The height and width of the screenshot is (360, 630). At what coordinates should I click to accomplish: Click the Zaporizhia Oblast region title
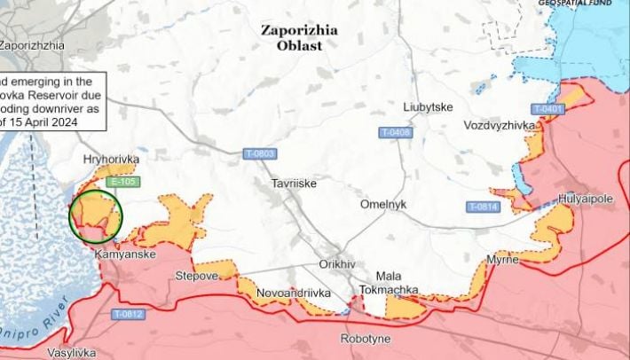pyautogui.click(x=298, y=36)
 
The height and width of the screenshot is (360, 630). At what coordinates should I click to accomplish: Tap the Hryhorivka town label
pyautogui.click(x=111, y=160)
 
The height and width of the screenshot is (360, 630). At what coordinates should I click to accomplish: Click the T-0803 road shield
pyautogui.click(x=259, y=154)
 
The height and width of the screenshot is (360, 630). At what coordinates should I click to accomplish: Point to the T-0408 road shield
pyautogui.click(x=395, y=133)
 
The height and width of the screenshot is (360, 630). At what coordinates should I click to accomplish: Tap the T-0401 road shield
pyautogui.click(x=547, y=109)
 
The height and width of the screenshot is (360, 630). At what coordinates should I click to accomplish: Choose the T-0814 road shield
pyautogui.click(x=484, y=207)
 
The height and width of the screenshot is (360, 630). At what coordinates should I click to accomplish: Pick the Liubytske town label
pyautogui.click(x=428, y=106)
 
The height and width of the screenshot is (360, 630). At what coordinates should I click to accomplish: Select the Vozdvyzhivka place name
pyautogui.click(x=500, y=126)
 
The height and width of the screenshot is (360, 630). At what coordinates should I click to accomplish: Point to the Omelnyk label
pyautogui.click(x=383, y=204)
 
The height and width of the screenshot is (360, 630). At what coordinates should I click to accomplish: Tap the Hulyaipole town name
pyautogui.click(x=586, y=199)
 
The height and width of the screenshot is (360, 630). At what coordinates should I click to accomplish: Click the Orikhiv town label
pyautogui.click(x=337, y=265)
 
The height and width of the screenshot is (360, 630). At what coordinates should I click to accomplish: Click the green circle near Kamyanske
pyautogui.click(x=96, y=215)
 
